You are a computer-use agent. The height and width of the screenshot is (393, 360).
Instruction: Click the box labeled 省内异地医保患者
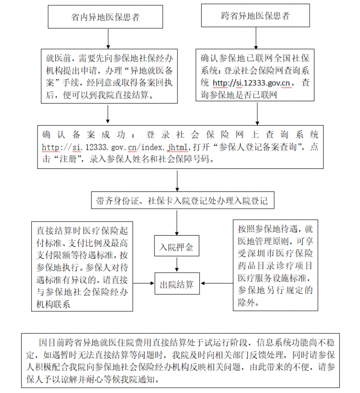105,17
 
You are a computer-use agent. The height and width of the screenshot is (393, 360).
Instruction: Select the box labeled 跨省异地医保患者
255,15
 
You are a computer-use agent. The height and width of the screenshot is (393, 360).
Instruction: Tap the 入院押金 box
177,246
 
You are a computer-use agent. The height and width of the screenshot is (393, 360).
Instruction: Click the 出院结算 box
177,284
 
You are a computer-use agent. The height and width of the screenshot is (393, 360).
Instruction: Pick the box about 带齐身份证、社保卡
182,200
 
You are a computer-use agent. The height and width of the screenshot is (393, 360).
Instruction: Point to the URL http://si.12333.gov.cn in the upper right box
251,83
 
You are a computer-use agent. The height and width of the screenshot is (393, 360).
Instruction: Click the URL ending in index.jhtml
115,147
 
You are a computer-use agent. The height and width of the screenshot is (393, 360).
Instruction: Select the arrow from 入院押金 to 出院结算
177,264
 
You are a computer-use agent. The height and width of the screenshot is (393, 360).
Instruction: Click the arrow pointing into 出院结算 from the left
144,283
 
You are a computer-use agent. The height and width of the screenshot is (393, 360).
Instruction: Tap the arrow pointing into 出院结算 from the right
217,283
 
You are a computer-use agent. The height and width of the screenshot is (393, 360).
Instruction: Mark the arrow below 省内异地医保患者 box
108,38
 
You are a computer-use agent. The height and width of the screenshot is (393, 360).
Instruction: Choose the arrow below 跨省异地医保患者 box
256,38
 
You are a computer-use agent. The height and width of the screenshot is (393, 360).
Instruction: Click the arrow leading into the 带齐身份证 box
177,181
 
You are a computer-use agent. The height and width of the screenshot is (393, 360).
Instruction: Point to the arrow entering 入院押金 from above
177,222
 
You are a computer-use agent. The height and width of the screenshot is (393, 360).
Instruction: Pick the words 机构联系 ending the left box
53,304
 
